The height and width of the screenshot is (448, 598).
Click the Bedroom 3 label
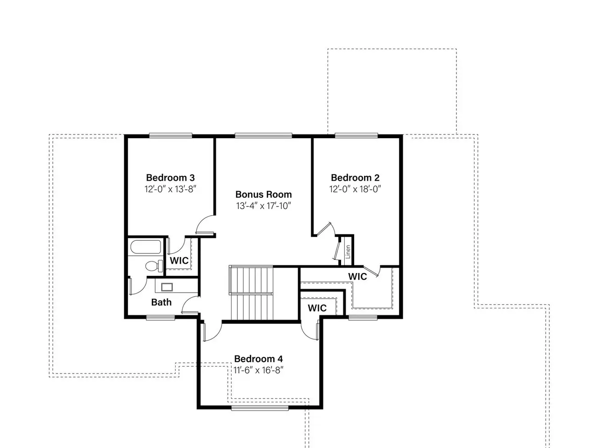click(170, 178)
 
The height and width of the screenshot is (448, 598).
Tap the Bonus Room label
click(263, 195)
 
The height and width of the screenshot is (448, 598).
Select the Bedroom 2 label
click(355, 178)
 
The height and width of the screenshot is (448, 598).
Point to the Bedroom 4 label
click(258, 359)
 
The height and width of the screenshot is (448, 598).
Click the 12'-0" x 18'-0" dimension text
click(355, 189)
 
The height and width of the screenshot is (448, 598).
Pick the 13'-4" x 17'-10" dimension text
click(263, 206)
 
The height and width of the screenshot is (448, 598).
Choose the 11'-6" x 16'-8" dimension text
click(258, 370)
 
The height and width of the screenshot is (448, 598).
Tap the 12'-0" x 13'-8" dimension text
click(170, 189)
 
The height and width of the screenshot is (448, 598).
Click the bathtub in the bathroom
click(145, 247)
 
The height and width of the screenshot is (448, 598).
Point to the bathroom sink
click(167, 287)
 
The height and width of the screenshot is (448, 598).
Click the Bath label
click(161, 302)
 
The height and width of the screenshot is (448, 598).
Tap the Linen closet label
click(348, 252)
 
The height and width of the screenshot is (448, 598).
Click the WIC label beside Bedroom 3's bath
click(179, 260)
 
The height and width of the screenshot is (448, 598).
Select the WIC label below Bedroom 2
click(357, 277)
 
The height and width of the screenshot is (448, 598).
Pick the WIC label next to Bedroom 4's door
click(317, 308)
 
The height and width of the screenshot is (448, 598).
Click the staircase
click(251, 293)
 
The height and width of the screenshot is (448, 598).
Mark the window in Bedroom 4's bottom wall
click(260, 408)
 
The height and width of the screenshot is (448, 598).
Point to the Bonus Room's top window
click(263, 136)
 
